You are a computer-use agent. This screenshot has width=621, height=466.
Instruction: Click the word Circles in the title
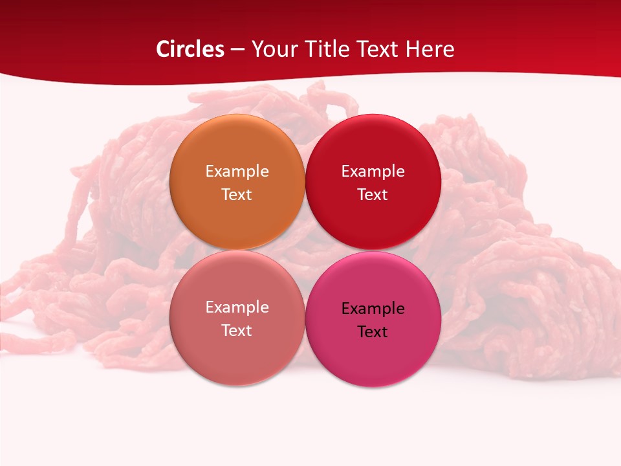pos(190,49)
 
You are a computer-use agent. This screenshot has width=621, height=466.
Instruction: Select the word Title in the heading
pos(326,49)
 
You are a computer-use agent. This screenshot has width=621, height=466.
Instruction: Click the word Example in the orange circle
pos(237,172)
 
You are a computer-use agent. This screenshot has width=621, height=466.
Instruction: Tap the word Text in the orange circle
pos(237,195)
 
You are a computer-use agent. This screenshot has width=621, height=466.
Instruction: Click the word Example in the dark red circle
pos(373,172)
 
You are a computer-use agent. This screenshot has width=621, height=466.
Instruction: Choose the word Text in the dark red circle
pos(373,195)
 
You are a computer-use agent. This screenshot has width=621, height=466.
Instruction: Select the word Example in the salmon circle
pos(237,307)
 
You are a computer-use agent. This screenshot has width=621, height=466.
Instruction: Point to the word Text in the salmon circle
pos(237,331)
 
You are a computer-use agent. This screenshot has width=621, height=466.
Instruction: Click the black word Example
pos(373,309)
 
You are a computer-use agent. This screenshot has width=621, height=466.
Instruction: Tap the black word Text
pos(373,332)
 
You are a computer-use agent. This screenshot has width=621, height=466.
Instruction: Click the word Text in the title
pos(376,49)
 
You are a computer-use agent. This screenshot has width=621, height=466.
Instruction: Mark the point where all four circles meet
pos(305,250)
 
